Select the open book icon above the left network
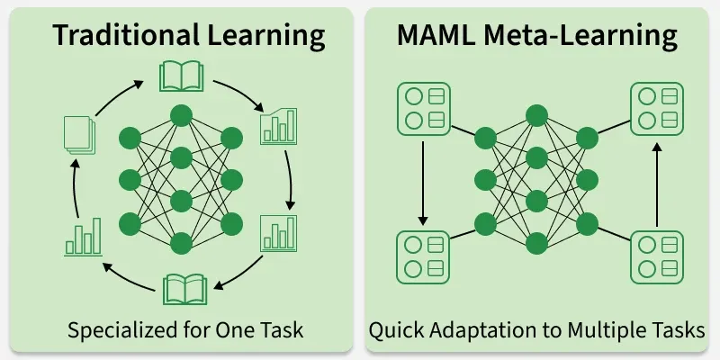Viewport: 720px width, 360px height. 179,76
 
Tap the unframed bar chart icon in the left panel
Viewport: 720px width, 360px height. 83,238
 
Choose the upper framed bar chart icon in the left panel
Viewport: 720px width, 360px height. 278,127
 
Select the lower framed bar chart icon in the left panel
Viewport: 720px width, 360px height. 278,232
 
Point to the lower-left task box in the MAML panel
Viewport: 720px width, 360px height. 423,256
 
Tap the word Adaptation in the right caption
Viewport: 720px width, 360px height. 480,330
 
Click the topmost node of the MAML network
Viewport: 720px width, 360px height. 536,115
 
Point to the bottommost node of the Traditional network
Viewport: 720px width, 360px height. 181,243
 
